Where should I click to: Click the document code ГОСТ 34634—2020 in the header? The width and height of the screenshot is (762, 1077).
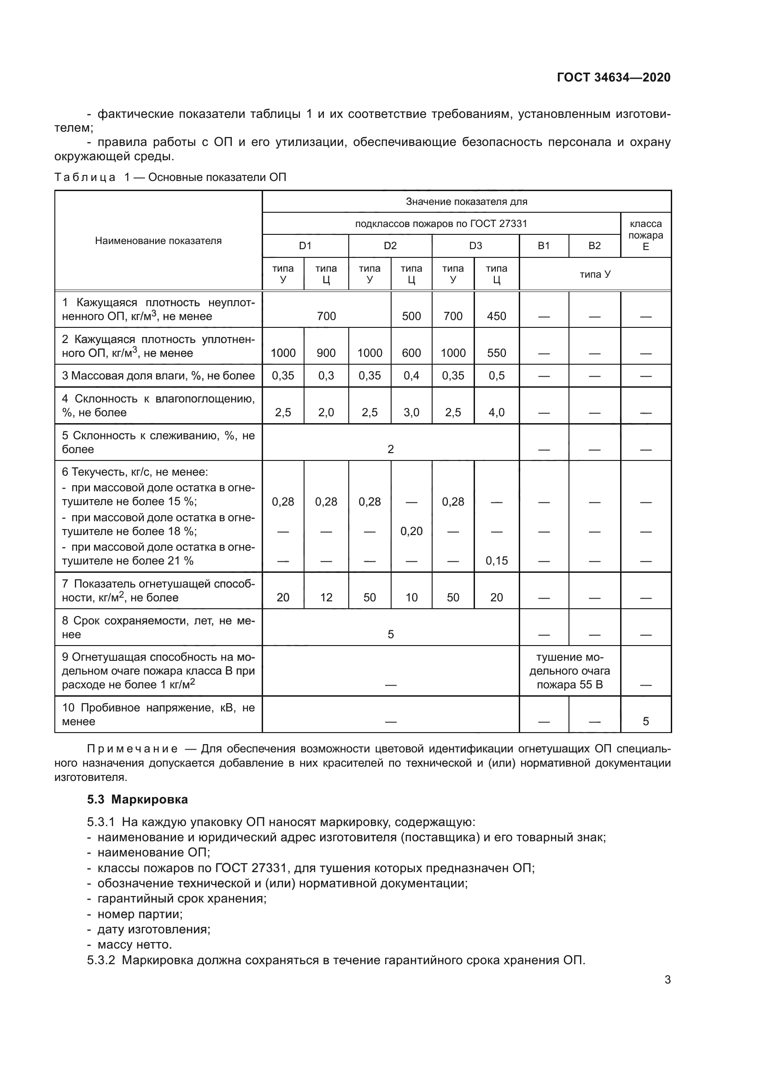tap(613, 77)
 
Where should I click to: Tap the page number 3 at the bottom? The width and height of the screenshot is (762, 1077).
tap(667, 979)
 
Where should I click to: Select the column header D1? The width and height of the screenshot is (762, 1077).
tap(305, 246)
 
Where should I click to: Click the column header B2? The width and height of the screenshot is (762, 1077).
tap(594, 246)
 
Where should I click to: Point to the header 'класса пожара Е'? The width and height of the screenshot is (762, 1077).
tap(645, 235)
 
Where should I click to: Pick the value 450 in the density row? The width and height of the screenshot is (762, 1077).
tap(496, 316)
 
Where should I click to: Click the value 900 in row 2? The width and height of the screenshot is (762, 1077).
tap(326, 353)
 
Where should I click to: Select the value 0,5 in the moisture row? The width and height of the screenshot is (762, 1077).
tap(496, 376)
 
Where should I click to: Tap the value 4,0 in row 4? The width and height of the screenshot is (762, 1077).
tap(496, 412)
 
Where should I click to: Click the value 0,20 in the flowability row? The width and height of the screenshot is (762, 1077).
tap(411, 531)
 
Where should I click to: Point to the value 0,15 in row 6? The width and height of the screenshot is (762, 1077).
tap(496, 560)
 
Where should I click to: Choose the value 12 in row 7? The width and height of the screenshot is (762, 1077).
tap(326, 597)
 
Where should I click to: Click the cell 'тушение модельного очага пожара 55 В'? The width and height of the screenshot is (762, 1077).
tap(569, 671)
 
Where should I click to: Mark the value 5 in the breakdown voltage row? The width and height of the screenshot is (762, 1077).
tap(645, 722)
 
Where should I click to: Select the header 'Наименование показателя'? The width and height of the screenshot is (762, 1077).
tap(158, 241)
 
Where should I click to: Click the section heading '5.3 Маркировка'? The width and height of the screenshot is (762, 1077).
tap(137, 799)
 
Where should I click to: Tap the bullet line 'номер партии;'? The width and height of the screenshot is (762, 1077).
tap(140, 914)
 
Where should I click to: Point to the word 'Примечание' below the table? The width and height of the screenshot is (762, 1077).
tap(132, 749)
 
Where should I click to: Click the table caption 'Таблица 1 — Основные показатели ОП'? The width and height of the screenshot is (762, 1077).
tap(170, 177)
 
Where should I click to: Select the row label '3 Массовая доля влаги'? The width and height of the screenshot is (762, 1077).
tap(158, 376)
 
